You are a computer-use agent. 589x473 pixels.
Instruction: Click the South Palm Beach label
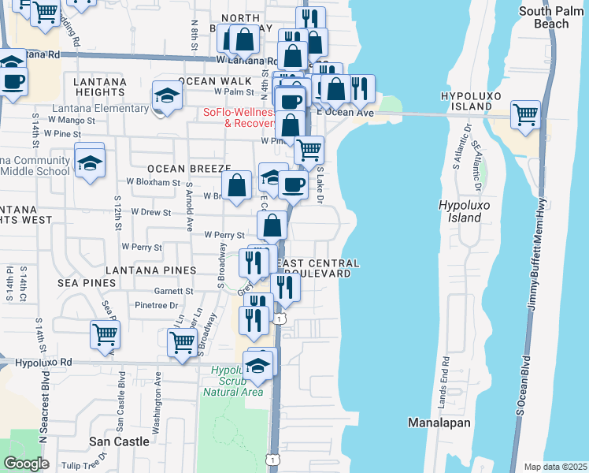coord(554,17)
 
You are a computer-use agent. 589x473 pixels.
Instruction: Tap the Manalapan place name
coord(439,423)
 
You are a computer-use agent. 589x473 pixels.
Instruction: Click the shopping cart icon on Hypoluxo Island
coord(525,114)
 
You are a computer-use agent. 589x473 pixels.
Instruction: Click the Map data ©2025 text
coord(555,467)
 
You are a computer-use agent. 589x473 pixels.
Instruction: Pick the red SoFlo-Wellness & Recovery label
coord(237,118)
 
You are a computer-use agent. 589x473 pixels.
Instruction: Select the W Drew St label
coord(151,212)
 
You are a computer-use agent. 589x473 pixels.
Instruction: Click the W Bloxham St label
coord(154,182)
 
